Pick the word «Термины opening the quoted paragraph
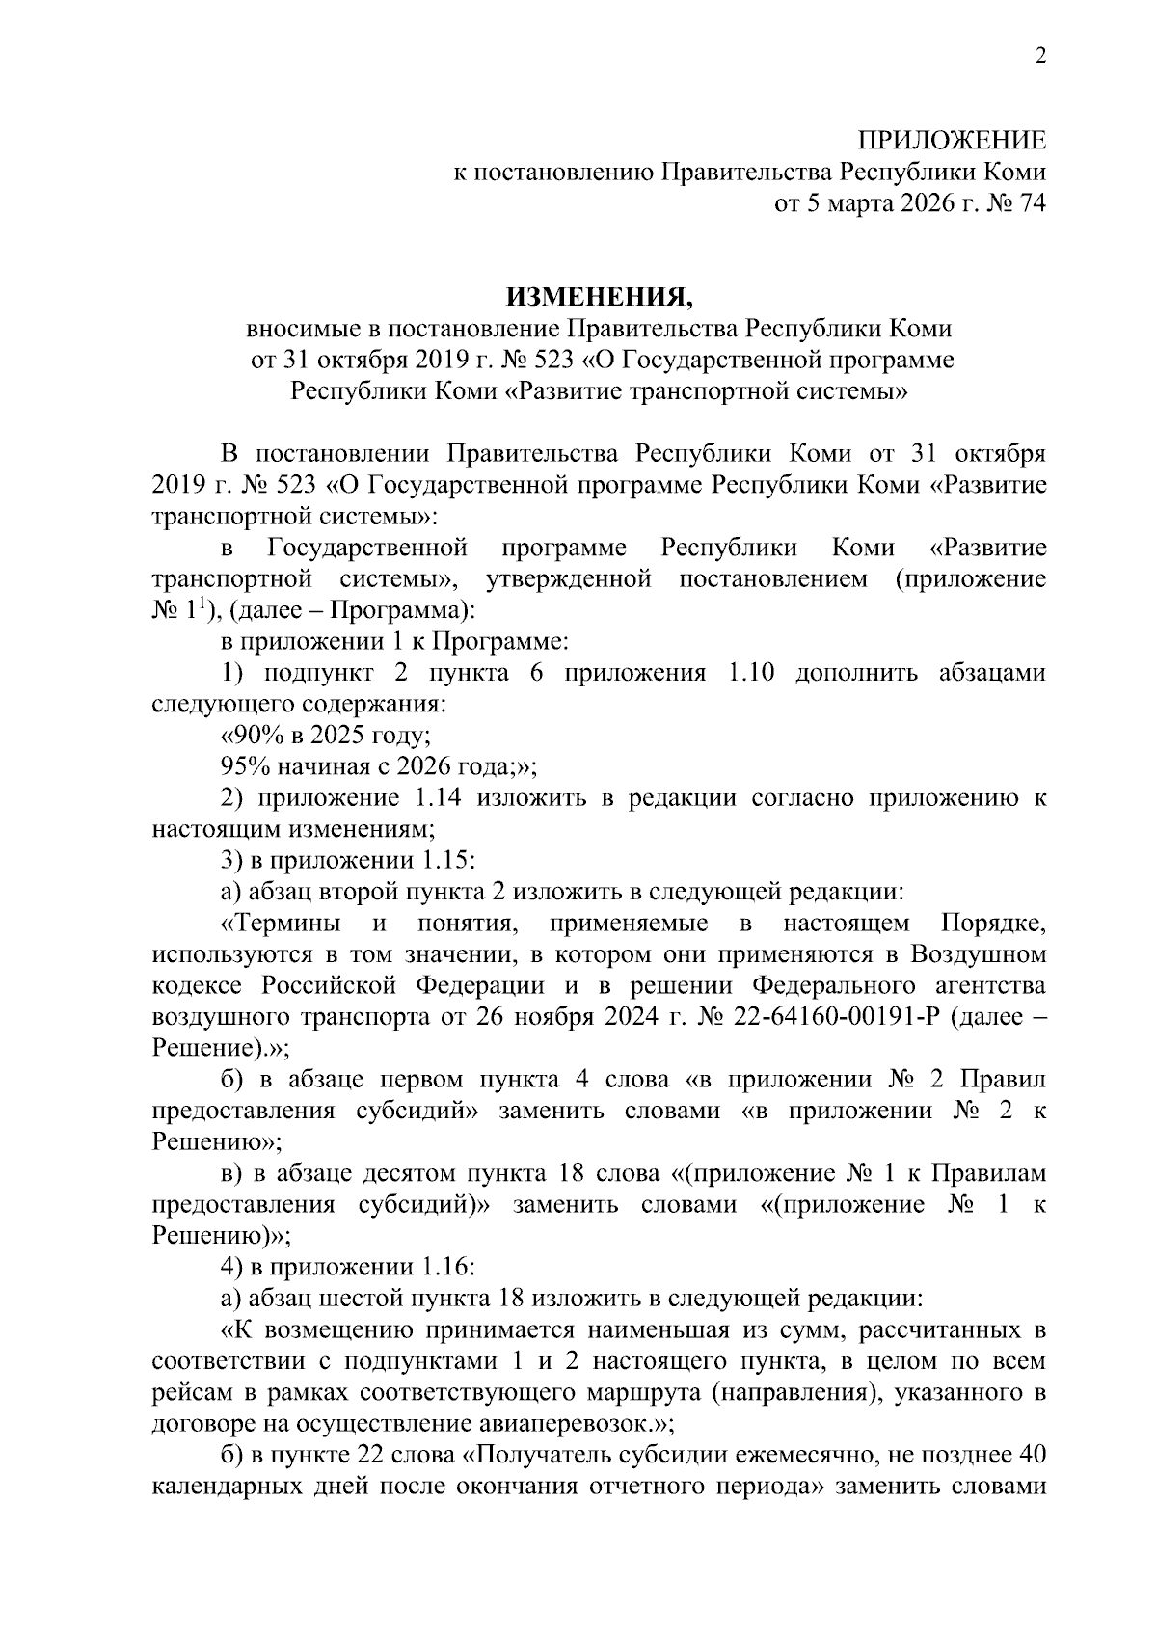click(x=281, y=924)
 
